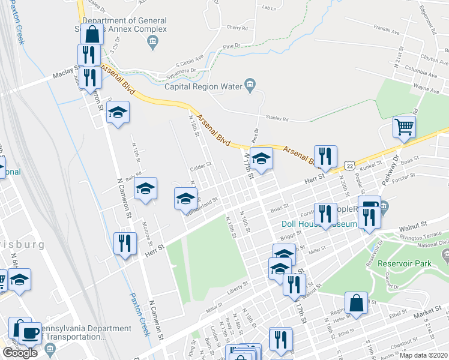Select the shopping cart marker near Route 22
coord(405,127)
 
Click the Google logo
coord(20,353)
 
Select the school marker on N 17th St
coord(261,159)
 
